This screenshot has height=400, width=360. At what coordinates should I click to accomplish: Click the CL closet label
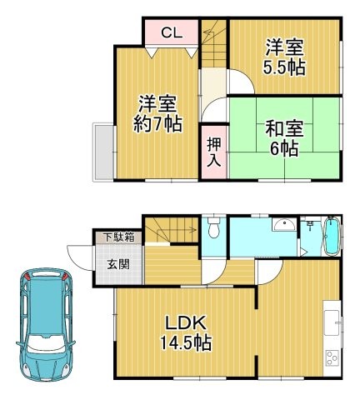172,33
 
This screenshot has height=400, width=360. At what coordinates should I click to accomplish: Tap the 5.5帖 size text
284,67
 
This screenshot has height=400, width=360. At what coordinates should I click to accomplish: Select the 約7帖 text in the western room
157,125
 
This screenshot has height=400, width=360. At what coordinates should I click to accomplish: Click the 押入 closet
212,152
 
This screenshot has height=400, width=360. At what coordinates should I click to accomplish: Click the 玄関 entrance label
117,264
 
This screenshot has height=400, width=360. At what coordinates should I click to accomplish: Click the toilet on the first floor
213,228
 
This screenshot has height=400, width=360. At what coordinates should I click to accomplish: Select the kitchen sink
332,320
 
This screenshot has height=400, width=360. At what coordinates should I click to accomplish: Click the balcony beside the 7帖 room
102,151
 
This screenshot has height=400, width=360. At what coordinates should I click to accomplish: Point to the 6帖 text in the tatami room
285,148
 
